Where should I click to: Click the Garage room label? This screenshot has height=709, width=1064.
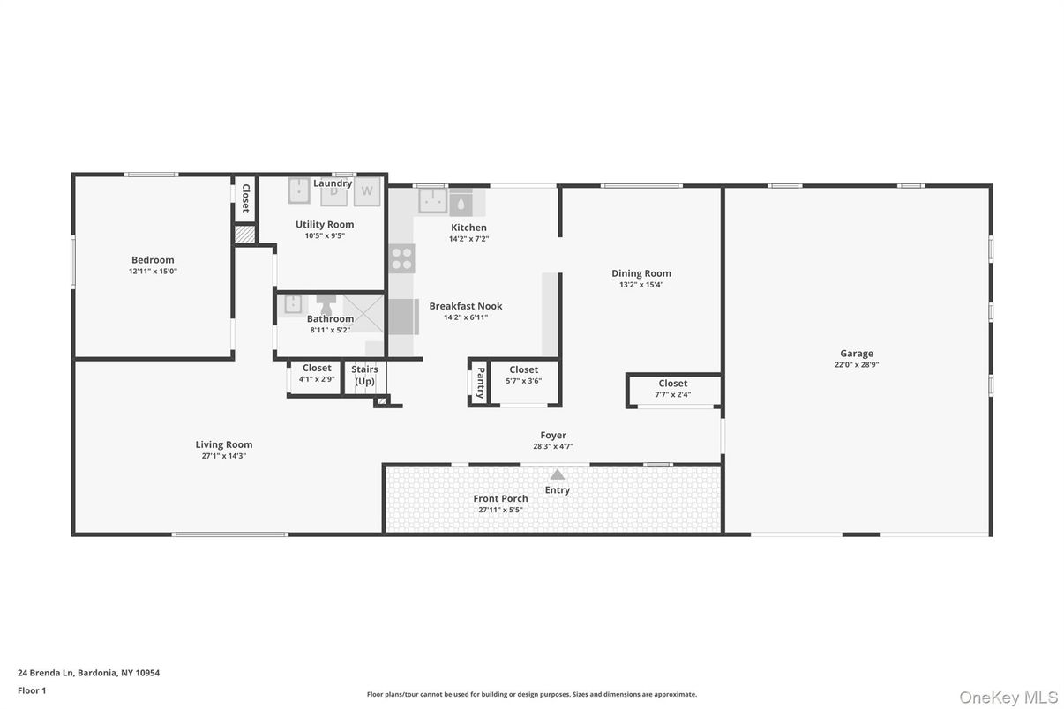pyautogui.click(x=856, y=354)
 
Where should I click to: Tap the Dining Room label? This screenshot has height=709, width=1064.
pyautogui.click(x=641, y=273)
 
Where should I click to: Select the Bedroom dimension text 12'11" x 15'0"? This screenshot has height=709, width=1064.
pyautogui.click(x=153, y=272)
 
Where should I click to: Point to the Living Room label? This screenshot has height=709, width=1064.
pyautogui.click(x=224, y=445)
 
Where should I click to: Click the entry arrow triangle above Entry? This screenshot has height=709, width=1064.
pyautogui.click(x=558, y=474)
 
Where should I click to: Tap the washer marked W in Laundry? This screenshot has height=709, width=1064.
pyautogui.click(x=367, y=191)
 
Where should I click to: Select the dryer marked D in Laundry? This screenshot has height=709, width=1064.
pyautogui.click(x=333, y=191)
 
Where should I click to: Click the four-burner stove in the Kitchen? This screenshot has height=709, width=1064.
pyautogui.click(x=402, y=258)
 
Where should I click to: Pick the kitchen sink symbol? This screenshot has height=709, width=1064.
pyautogui.click(x=432, y=202)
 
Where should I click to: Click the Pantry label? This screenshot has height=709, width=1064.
pyautogui.click(x=480, y=383)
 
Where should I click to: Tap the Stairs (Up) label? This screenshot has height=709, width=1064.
pyautogui.click(x=365, y=375)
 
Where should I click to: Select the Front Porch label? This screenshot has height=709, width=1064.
pyautogui.click(x=500, y=499)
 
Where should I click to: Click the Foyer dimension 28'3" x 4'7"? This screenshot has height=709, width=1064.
pyautogui.click(x=553, y=446)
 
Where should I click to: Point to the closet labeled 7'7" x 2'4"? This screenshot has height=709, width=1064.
pyautogui.click(x=673, y=389)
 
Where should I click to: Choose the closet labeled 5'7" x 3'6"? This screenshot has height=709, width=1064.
pyautogui.click(x=524, y=376)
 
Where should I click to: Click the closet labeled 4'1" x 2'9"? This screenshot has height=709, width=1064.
pyautogui.click(x=317, y=373)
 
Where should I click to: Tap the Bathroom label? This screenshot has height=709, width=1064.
pyautogui.click(x=330, y=319)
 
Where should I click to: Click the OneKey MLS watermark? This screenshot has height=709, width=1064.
pyautogui.click(x=1008, y=698)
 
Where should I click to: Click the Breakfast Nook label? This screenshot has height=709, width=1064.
pyautogui.click(x=466, y=306)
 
